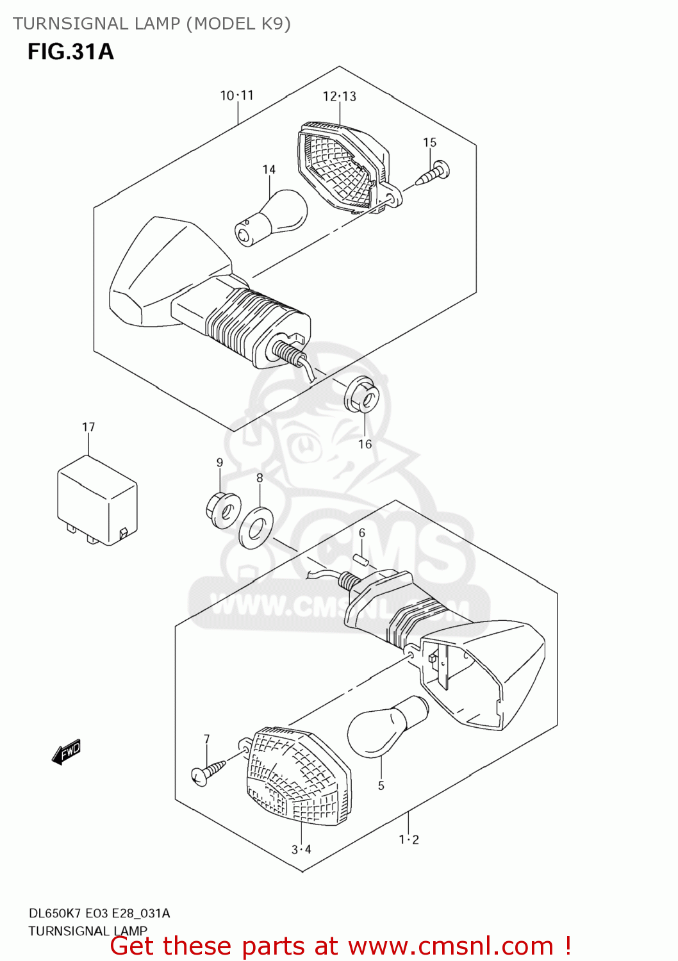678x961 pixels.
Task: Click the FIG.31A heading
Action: coord(70,51)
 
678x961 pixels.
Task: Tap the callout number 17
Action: coord(88,427)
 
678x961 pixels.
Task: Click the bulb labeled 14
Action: coord(272,218)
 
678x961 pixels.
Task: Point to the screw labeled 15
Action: coord(433,174)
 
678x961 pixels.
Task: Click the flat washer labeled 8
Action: coord(256,527)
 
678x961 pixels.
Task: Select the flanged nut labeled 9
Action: coord(222,511)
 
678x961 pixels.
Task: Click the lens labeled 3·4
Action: coord(298,776)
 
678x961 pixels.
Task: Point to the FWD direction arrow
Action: coord(67,752)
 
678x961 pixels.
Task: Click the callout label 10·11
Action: coord(237,95)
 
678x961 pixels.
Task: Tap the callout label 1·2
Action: coord(409,839)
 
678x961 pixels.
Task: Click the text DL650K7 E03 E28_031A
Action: coord(99,913)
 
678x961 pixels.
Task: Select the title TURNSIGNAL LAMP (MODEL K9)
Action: coord(152,24)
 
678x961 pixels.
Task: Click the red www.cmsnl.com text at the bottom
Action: coord(451,946)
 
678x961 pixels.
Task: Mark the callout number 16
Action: coord(365,444)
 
